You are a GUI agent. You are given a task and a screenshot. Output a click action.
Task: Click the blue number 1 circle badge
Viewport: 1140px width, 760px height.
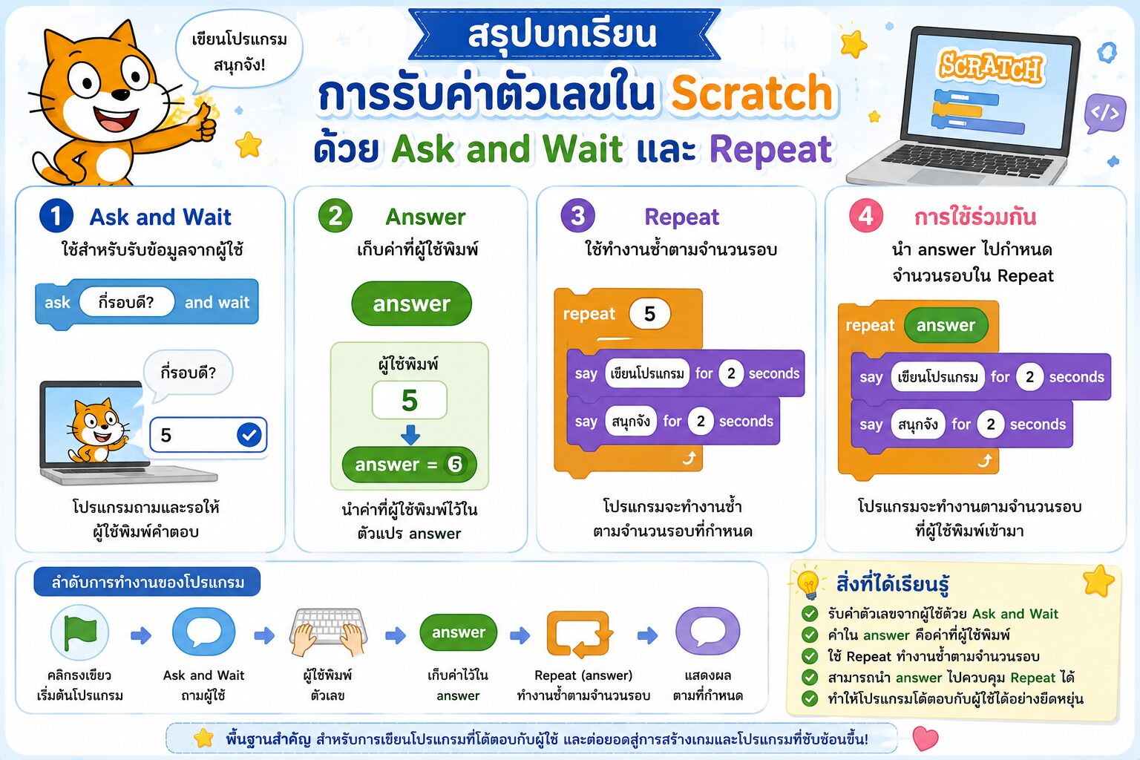(56, 216)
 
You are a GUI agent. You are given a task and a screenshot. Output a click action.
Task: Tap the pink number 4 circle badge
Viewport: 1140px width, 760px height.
(865, 216)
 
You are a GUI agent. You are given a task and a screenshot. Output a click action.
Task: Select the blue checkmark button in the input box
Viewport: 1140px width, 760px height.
(249, 435)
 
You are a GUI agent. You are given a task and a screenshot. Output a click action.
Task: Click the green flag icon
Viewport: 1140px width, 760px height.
(80, 633)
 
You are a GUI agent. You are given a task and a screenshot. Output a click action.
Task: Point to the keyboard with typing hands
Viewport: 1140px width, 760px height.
(328, 631)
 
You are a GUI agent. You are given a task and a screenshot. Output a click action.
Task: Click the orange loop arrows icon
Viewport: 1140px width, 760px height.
(580, 634)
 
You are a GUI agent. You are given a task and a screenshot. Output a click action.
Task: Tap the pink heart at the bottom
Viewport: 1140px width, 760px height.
(926, 738)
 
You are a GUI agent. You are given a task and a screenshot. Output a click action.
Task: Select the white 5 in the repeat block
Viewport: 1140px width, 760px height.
(649, 313)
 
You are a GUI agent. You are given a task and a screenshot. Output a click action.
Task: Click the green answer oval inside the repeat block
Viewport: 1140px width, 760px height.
(946, 325)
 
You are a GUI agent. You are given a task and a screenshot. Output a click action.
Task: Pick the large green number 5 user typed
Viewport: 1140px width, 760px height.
(410, 400)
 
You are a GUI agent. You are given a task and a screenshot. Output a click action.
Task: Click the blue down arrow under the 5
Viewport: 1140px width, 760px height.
(410, 435)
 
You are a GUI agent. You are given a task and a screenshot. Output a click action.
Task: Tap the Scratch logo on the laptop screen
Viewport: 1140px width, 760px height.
(990, 66)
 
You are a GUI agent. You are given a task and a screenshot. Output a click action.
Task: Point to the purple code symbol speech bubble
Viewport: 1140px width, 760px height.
(1104, 113)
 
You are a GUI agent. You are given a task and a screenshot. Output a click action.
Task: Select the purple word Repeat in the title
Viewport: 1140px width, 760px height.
(770, 150)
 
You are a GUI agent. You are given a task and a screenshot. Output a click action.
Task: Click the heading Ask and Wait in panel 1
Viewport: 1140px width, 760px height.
(160, 217)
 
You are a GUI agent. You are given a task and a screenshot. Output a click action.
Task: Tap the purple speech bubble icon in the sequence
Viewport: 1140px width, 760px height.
(707, 632)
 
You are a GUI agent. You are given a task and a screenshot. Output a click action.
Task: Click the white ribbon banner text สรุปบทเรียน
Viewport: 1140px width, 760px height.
(563, 34)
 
